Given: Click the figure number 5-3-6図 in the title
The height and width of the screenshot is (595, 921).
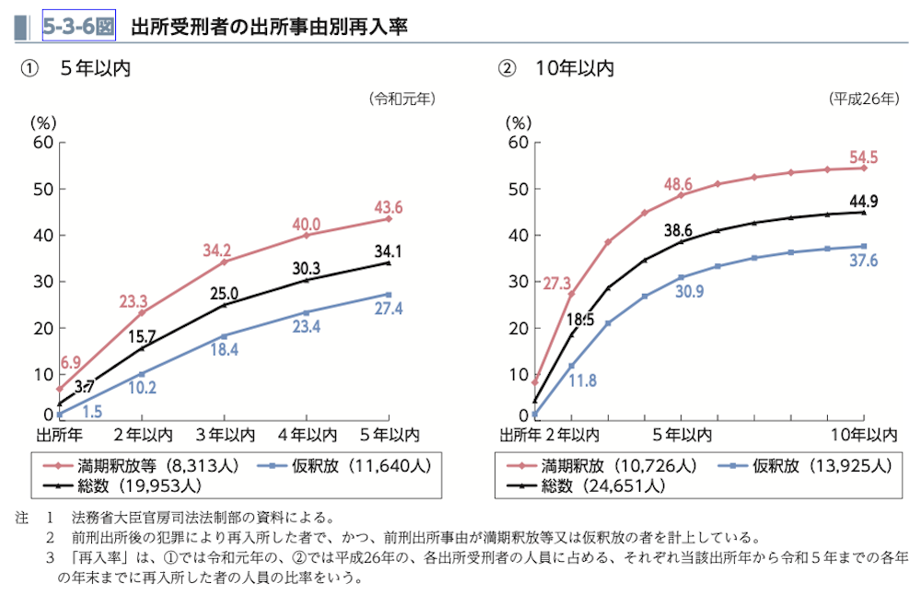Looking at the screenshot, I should [78, 28].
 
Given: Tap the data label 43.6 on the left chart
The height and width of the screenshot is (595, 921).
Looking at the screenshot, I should [389, 208].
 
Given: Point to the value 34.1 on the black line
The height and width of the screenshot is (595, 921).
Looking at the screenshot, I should [389, 251].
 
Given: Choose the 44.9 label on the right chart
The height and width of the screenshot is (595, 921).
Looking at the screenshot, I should [862, 202].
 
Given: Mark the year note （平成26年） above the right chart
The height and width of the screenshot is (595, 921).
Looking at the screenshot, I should [864, 99].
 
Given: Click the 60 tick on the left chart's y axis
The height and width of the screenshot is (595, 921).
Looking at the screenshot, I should [43, 143].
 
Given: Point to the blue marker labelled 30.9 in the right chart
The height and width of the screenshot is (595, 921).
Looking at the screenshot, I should [681, 277].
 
